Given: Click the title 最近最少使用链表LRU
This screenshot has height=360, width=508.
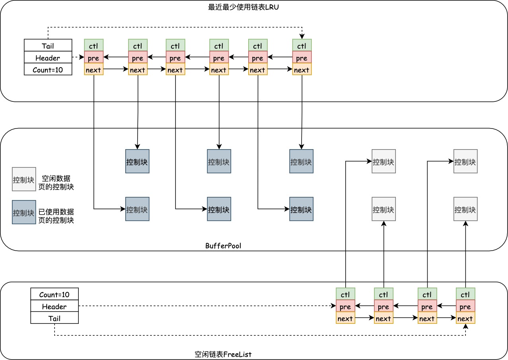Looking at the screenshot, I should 243,7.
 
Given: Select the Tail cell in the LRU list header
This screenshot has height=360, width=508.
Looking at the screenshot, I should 48,45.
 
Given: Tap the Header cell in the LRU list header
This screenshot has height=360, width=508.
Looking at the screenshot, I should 48,58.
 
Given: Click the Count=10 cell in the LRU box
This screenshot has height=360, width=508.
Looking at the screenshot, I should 48,70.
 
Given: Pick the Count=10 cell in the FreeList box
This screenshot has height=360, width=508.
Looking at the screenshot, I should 54,294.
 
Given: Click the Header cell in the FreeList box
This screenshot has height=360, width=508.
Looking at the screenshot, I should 54,306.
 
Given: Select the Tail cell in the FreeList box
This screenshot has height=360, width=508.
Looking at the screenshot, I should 54,318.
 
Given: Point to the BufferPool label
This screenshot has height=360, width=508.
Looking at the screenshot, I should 223,246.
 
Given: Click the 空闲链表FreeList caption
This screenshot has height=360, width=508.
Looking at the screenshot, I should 223,354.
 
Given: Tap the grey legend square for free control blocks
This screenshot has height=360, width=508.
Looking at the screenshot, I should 24,179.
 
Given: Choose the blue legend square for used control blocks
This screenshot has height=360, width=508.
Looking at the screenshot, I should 24,212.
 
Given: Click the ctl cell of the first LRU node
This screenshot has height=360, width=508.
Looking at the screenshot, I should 93,45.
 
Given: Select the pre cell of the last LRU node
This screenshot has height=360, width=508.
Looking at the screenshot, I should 302,58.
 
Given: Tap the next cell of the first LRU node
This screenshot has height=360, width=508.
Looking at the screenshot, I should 93,70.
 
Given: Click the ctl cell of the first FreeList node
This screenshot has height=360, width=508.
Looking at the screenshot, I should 345,295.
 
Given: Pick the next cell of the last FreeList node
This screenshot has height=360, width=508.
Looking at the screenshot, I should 465,319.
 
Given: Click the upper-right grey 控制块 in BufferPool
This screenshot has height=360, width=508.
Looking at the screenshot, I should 465,162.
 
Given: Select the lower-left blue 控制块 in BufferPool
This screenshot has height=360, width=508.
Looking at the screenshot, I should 137,209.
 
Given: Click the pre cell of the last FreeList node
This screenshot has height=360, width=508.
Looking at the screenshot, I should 465,307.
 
